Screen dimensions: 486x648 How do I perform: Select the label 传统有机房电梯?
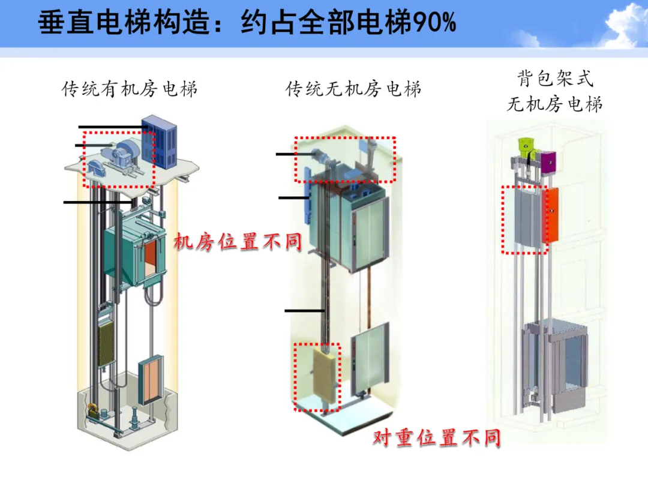pos(130,90)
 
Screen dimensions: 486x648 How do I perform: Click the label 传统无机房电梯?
pos(353,90)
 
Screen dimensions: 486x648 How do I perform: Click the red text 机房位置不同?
pos(238,242)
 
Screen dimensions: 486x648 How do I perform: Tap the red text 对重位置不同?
pos(436,437)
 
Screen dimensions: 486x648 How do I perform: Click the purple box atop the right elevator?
pos(548,161)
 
